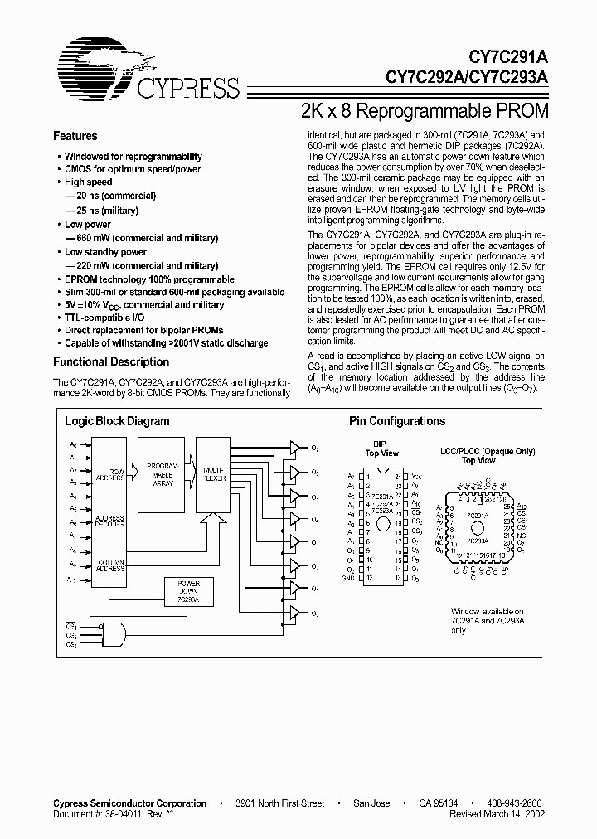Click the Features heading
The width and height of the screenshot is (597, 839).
point(75,136)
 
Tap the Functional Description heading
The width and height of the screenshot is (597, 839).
point(111,361)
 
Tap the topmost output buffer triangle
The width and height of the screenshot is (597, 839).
point(294,449)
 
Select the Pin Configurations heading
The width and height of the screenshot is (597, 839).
point(396,421)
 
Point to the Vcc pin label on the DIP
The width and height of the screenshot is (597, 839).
point(415,478)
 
